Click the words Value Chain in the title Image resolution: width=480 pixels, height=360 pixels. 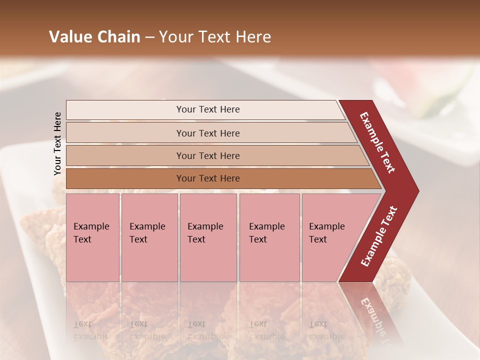94,37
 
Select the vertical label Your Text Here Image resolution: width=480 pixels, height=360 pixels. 58,143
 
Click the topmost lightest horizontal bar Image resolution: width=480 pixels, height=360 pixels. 207,109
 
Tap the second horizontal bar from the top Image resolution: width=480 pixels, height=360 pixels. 208,133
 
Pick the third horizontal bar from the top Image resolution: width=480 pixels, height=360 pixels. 208,155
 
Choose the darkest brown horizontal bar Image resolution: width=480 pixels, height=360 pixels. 208,178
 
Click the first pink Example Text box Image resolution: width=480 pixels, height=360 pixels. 92,237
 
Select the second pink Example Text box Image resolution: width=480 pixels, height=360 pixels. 149,237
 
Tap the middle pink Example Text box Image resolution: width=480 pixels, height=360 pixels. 208,237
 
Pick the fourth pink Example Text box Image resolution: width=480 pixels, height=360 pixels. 269,237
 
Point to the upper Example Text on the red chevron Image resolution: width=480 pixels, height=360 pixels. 377,142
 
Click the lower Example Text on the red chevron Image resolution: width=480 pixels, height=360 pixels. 379,236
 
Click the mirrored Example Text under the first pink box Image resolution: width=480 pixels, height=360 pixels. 91,330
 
